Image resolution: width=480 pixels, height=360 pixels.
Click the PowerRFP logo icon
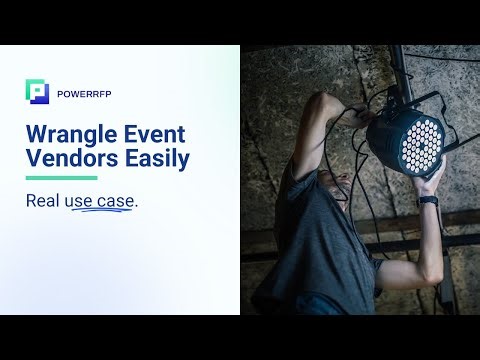[x=37, y=91]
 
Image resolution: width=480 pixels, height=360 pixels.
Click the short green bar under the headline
[x=61, y=179]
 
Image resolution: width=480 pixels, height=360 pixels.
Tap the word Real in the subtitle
[x=43, y=200]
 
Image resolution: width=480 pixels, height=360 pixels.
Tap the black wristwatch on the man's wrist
[x=428, y=200]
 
